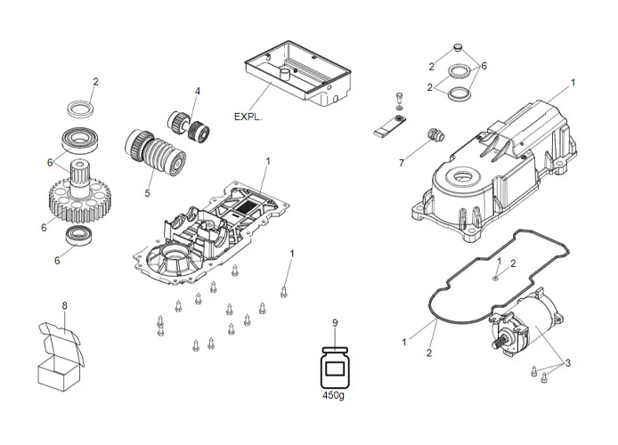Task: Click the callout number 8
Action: (x=64, y=306)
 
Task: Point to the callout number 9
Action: (x=335, y=322)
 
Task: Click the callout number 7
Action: (x=402, y=163)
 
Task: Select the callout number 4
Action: (x=198, y=91)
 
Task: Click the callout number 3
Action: (x=569, y=362)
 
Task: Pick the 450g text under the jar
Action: (x=335, y=395)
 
